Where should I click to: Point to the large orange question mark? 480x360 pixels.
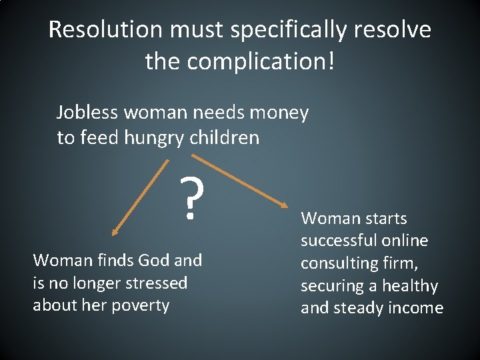click(x=191, y=200)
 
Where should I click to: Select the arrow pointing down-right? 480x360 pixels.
click(x=241, y=181)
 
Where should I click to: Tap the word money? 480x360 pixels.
click(x=281, y=113)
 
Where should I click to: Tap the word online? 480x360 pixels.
click(x=403, y=241)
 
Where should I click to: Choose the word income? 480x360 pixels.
click(x=418, y=308)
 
